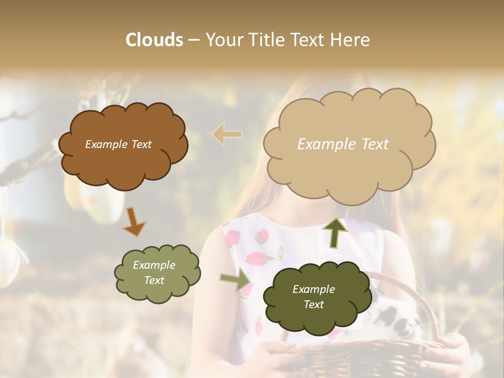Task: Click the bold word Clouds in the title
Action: click(154, 39)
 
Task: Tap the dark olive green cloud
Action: click(313, 320)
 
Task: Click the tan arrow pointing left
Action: click(227, 134)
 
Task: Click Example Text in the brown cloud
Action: click(118, 144)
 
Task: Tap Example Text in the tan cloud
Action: click(343, 144)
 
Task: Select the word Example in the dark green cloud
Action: click(313, 289)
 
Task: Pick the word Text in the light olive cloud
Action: click(154, 280)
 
